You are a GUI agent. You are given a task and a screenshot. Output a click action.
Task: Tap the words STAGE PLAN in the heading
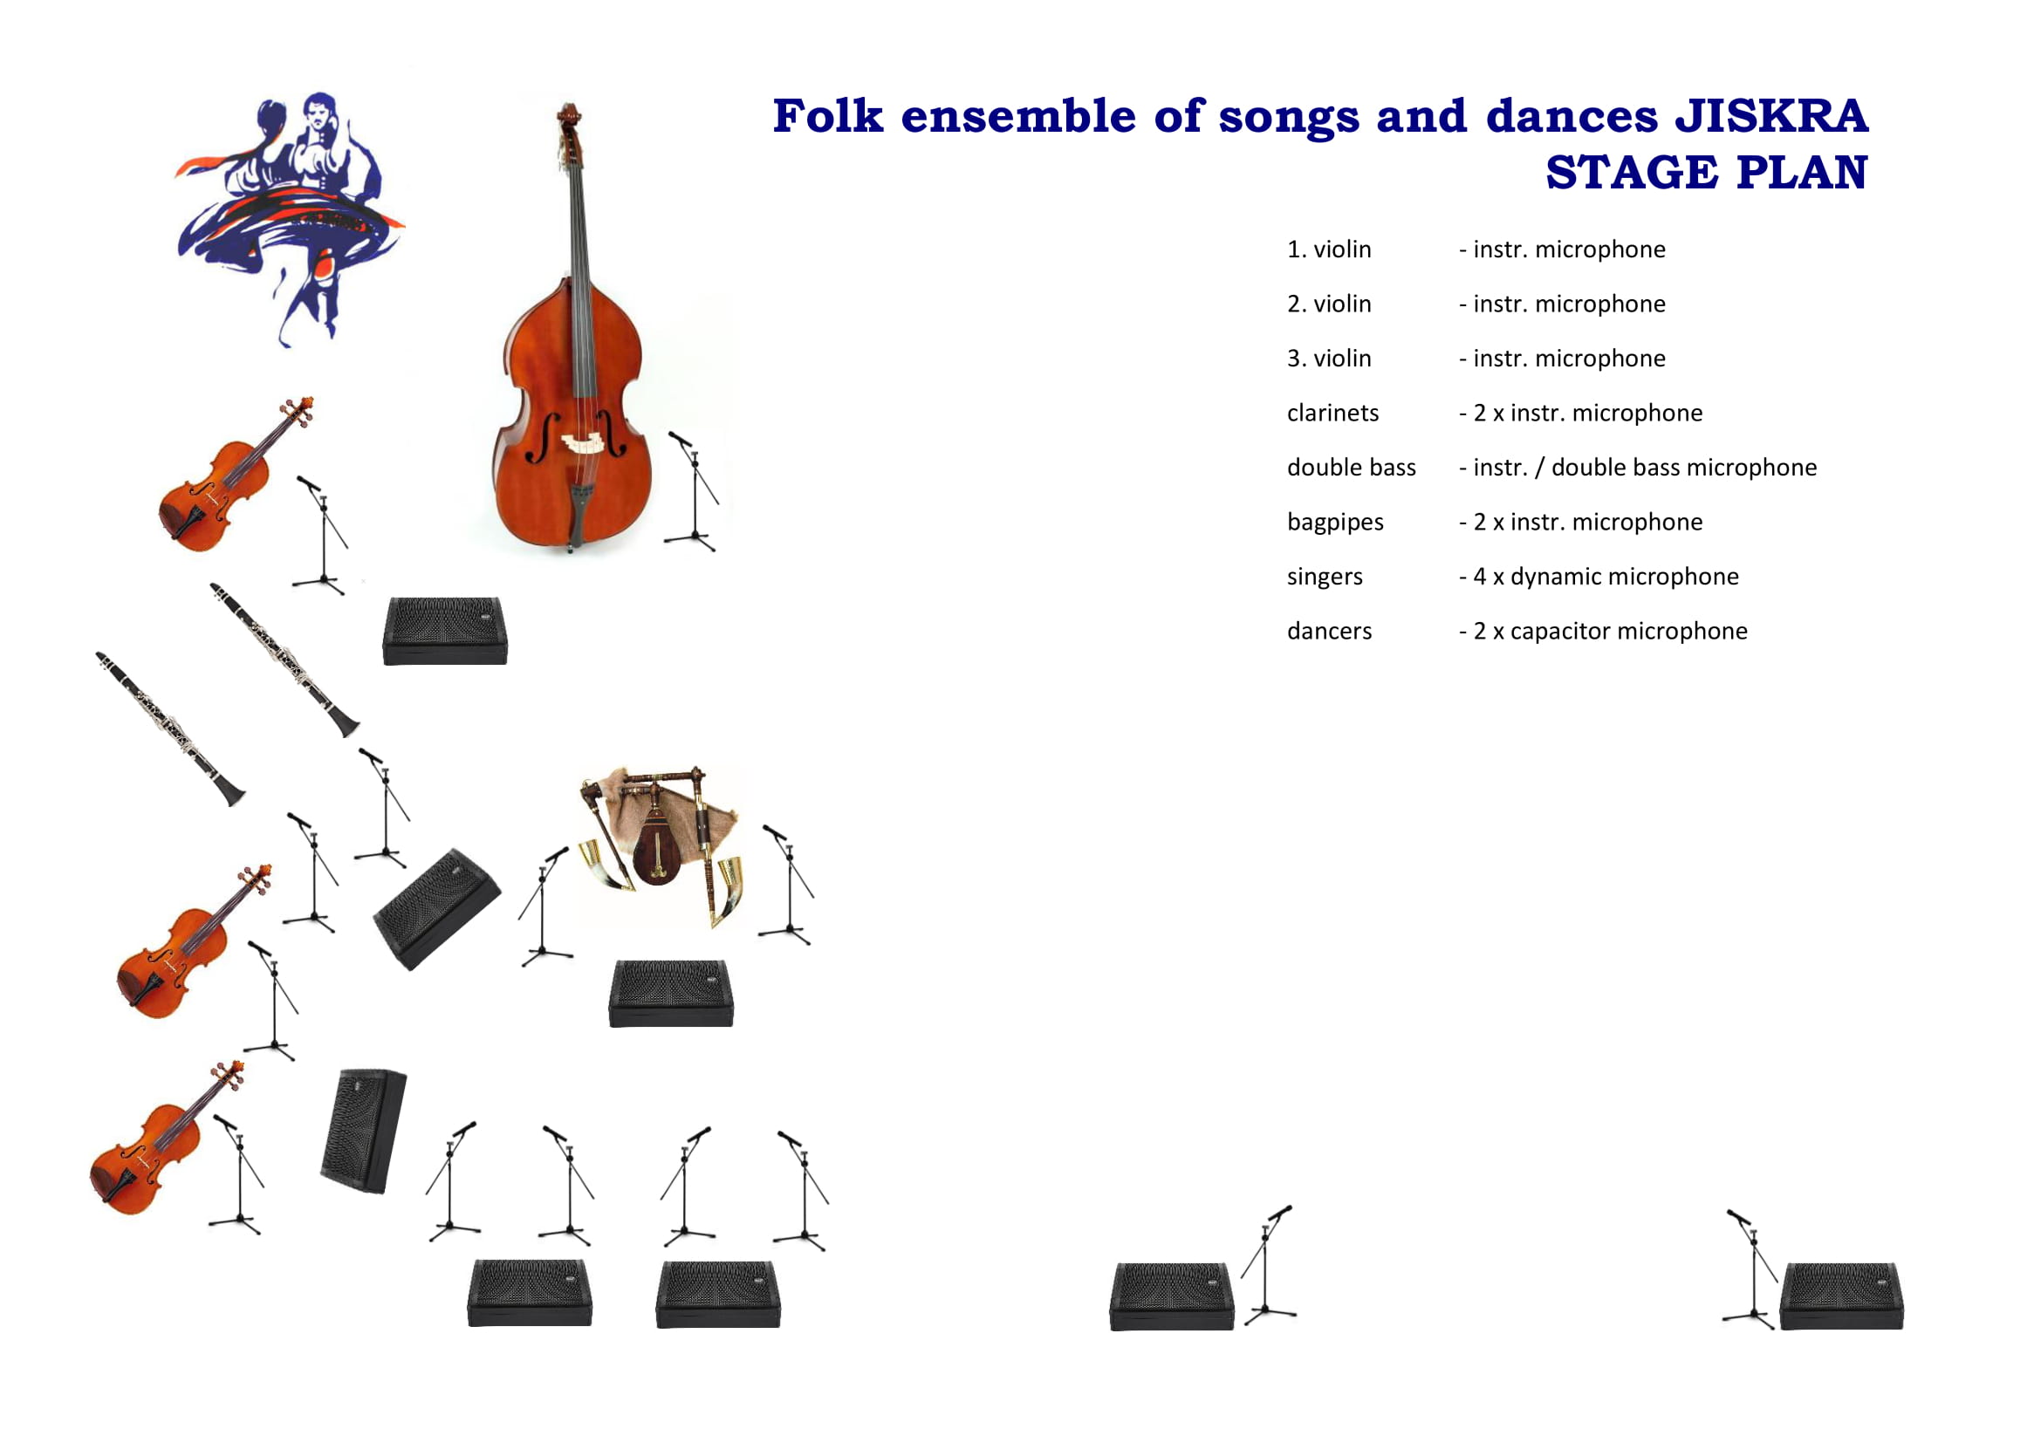(1707, 173)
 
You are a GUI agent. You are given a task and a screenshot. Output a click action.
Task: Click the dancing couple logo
(289, 219)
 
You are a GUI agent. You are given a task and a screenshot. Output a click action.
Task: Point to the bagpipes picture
(660, 845)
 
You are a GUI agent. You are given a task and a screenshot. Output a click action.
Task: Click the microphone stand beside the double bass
(693, 490)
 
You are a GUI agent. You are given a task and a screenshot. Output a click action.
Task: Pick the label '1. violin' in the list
(1329, 250)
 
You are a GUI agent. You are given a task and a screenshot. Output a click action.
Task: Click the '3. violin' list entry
(1329, 359)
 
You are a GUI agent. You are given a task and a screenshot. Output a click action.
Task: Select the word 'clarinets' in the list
(1332, 414)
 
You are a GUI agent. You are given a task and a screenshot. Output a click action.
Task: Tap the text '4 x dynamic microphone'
(1606, 577)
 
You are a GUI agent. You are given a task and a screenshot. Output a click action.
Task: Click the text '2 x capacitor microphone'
(1610, 632)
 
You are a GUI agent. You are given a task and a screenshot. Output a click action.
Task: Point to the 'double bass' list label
(1351, 468)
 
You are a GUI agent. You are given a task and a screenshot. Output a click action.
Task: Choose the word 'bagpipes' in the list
(1335, 523)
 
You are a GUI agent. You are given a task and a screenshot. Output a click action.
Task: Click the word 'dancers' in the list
(1329, 632)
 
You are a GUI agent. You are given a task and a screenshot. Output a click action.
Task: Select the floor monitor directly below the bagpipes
(671, 994)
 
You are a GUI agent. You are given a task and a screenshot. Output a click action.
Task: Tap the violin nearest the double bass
(235, 475)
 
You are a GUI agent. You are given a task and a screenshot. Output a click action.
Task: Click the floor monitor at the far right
(1841, 1296)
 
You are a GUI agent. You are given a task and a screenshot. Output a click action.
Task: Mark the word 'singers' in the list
(1325, 578)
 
